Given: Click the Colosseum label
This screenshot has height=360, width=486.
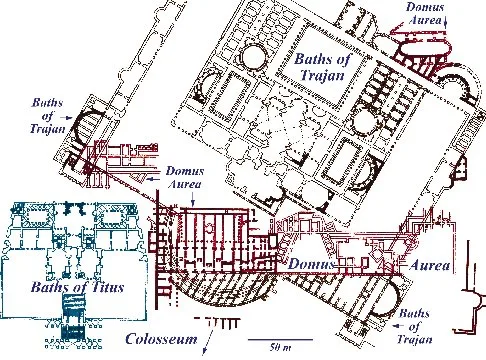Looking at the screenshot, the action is [x=161, y=339].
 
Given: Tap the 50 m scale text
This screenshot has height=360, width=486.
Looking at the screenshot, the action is [x=280, y=348].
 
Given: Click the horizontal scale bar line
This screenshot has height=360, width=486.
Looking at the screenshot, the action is [x=280, y=340].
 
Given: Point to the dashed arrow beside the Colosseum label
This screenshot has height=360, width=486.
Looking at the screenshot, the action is [x=208, y=341].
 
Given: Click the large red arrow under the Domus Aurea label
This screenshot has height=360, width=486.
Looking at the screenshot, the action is [x=417, y=32].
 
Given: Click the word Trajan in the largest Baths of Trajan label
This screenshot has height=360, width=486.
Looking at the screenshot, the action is [x=322, y=74].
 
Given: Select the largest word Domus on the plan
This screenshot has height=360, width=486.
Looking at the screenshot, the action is [x=311, y=264].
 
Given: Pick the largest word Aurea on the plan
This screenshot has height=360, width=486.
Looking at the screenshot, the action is [x=430, y=265].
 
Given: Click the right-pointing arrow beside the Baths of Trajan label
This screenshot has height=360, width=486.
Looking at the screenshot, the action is [x=68, y=117].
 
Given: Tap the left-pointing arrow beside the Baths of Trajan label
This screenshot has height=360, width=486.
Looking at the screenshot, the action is [x=399, y=325].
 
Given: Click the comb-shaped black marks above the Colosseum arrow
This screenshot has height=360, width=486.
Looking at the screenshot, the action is [x=217, y=322].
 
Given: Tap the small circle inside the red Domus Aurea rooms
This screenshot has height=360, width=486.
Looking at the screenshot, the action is [x=209, y=228].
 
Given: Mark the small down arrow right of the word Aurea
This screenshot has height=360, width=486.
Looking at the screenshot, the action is [x=446, y=21].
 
